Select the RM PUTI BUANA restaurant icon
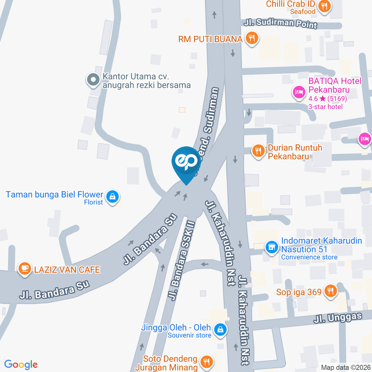point(252,38)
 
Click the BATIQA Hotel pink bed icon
point(298,92)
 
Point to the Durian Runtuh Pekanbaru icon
point(258,150)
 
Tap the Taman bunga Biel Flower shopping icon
point(112,197)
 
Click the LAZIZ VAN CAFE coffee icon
point(25,269)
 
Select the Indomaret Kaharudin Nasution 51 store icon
point(272,246)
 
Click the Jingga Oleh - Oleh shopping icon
point(220,329)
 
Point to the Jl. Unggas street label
point(338,318)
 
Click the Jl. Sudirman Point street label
point(281,24)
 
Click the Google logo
point(21,364)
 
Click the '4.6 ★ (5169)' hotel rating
point(327,98)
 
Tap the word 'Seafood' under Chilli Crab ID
point(303,12)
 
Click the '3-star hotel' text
point(325,107)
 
